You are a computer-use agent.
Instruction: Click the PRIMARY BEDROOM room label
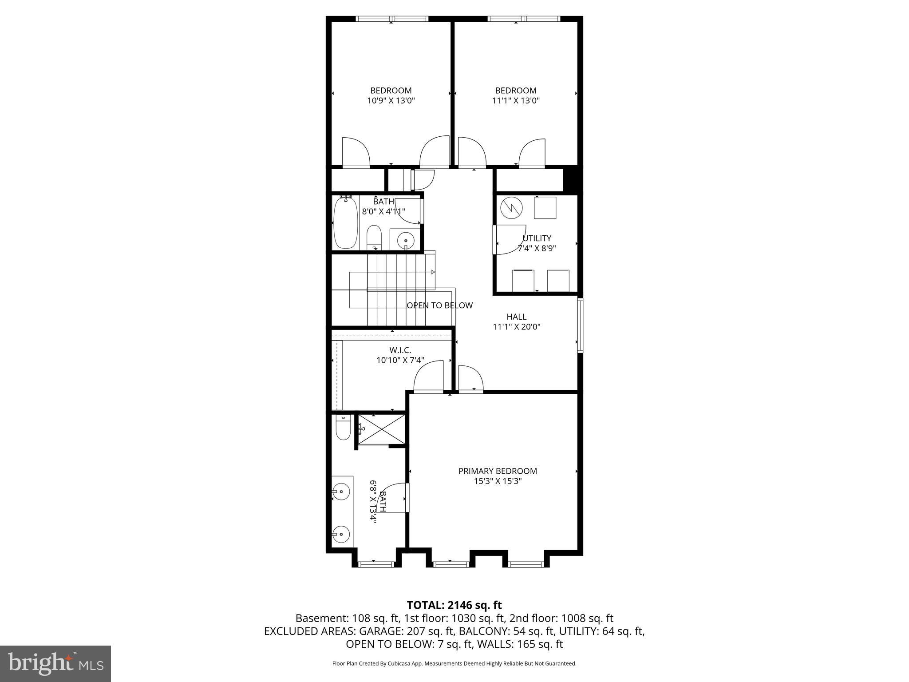(x=498, y=471)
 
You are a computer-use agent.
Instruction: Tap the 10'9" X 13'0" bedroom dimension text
(x=391, y=101)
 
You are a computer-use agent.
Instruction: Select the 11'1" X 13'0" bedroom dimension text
(x=516, y=101)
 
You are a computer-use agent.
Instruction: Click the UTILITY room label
(x=537, y=238)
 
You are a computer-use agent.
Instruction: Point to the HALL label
(x=516, y=317)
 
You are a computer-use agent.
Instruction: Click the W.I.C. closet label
(x=400, y=350)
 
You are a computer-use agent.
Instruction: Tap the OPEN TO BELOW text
(x=439, y=305)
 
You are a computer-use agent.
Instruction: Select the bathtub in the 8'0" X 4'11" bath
(x=345, y=223)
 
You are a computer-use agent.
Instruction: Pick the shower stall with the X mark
(x=381, y=429)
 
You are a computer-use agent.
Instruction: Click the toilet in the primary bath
(x=343, y=427)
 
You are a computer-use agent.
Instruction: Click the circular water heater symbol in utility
(x=512, y=207)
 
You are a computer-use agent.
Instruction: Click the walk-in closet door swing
(x=429, y=376)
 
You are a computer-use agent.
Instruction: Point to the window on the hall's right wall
(x=580, y=325)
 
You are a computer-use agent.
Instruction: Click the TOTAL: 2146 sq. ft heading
(x=454, y=605)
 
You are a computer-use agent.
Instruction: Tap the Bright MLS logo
(x=55, y=663)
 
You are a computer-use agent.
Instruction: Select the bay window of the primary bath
(x=376, y=564)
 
